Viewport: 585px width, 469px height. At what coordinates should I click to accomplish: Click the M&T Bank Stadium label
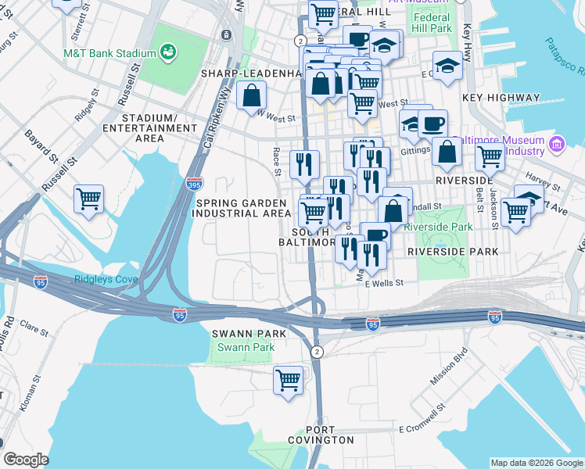[110, 53]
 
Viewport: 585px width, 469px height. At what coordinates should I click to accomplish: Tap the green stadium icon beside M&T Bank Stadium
[167, 52]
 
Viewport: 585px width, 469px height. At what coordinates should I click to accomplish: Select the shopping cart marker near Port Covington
[288, 381]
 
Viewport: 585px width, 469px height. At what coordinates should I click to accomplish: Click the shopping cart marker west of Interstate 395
[88, 199]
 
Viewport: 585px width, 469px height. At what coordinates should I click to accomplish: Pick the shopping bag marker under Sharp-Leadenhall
[253, 97]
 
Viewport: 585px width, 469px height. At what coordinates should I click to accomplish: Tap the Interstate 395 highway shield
[195, 184]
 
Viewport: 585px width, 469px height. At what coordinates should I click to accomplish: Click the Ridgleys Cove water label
[106, 279]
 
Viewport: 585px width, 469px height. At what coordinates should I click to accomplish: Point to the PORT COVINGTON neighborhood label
[321, 435]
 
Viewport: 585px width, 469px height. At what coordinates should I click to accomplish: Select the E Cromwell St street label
[422, 429]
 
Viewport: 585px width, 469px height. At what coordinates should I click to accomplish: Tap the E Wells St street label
[384, 283]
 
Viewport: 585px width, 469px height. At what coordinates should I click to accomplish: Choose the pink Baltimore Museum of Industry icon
[557, 144]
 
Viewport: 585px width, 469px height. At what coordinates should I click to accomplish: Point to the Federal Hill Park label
[432, 23]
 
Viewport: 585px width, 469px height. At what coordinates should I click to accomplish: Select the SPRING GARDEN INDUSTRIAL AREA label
[243, 207]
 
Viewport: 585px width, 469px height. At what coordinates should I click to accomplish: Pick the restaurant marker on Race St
[303, 164]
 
